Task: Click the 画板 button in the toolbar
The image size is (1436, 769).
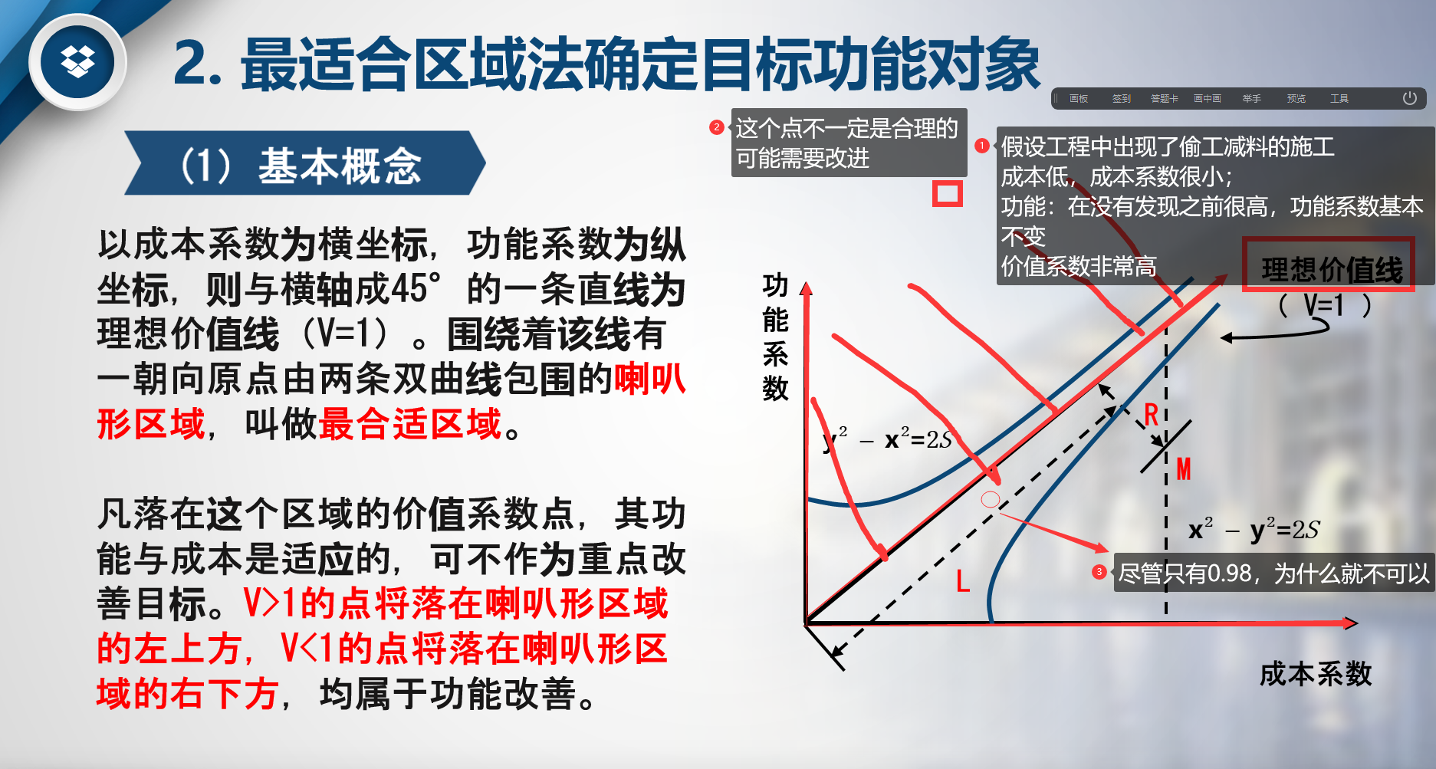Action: pyautogui.click(x=1079, y=99)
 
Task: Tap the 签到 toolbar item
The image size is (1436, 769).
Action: pyautogui.click(x=1122, y=99)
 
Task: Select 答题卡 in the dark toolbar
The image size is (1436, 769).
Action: pyautogui.click(x=1165, y=99)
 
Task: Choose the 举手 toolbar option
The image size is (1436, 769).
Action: pyautogui.click(x=1252, y=99)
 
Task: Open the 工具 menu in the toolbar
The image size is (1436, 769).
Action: pyautogui.click(x=1339, y=99)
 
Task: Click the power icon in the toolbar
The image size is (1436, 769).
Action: pyautogui.click(x=1409, y=98)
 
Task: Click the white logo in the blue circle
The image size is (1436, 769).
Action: pyautogui.click(x=77, y=61)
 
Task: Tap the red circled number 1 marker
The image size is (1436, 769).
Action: pyautogui.click(x=982, y=146)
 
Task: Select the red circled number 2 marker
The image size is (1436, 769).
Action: pyautogui.click(x=717, y=127)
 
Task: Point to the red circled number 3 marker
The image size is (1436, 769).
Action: pyautogui.click(x=1099, y=572)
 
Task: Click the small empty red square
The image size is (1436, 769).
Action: pyautogui.click(x=947, y=194)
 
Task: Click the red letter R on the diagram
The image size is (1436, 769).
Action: pyautogui.click(x=1151, y=415)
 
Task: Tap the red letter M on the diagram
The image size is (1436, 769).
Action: pyautogui.click(x=1184, y=468)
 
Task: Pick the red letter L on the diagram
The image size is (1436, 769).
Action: pyautogui.click(x=963, y=580)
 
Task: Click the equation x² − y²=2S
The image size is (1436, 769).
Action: pyautogui.click(x=1254, y=529)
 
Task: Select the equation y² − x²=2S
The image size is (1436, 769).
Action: pyautogui.click(x=887, y=439)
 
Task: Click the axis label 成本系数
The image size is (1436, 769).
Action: pyautogui.click(x=1316, y=674)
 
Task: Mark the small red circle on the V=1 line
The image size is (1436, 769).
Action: pyautogui.click(x=991, y=500)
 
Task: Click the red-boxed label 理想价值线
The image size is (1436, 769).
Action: pyautogui.click(x=1332, y=269)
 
